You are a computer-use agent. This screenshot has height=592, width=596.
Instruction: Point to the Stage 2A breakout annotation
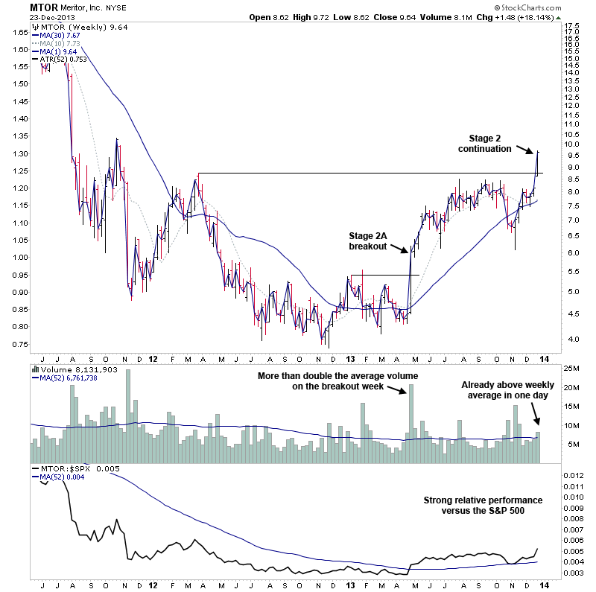tap(368, 241)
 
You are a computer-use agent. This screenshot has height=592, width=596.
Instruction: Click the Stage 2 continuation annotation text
tap(490, 143)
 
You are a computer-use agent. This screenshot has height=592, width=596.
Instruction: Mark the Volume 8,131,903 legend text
tap(75, 369)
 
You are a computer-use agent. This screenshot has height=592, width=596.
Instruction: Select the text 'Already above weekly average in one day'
tap(504, 390)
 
